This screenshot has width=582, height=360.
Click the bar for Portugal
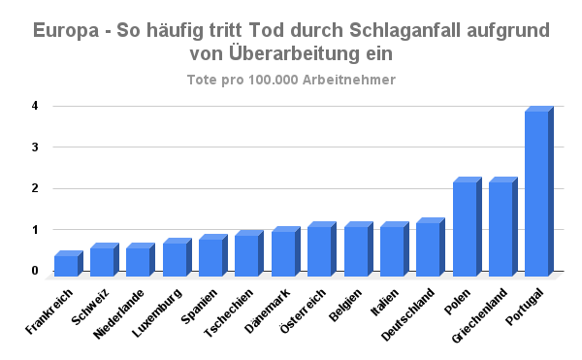click(536, 191)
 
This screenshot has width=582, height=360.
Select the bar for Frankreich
click(66, 263)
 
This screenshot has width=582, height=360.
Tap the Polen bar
click(465, 226)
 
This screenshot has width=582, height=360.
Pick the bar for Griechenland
click(501, 226)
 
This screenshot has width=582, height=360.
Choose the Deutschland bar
click(428, 247)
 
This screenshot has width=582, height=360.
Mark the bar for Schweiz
click(102, 260)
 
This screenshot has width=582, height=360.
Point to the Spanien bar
click(210, 255)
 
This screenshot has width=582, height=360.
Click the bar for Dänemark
click(283, 251)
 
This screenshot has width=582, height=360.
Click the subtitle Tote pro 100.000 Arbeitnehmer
click(291, 80)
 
